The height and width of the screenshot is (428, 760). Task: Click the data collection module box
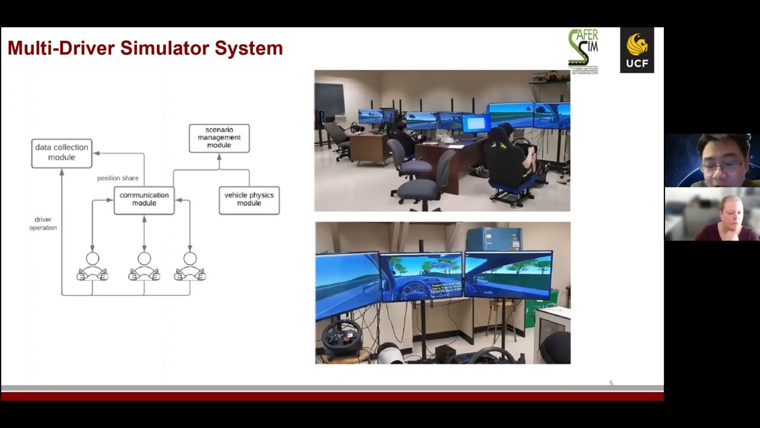(x=62, y=153)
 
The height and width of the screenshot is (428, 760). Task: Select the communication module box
(x=144, y=200)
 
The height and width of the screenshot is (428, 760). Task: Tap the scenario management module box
(x=219, y=138)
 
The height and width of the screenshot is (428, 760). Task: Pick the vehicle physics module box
(x=249, y=200)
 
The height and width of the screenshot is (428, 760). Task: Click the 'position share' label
(x=118, y=178)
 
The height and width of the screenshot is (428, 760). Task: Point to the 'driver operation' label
(x=43, y=224)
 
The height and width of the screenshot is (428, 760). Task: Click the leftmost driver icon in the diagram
(x=92, y=267)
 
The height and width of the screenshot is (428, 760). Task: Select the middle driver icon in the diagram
(x=144, y=267)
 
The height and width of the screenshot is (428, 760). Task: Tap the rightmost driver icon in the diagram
(x=190, y=267)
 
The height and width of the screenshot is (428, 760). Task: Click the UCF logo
(x=636, y=50)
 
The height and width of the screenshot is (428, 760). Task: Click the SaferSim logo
(x=583, y=50)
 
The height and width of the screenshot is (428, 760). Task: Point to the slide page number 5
(x=611, y=383)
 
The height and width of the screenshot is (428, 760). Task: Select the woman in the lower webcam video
(x=729, y=217)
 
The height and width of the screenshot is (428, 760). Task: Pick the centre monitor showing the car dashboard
(x=421, y=276)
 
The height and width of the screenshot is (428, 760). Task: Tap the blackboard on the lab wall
(x=330, y=99)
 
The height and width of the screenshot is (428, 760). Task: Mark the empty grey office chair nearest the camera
(x=422, y=181)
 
